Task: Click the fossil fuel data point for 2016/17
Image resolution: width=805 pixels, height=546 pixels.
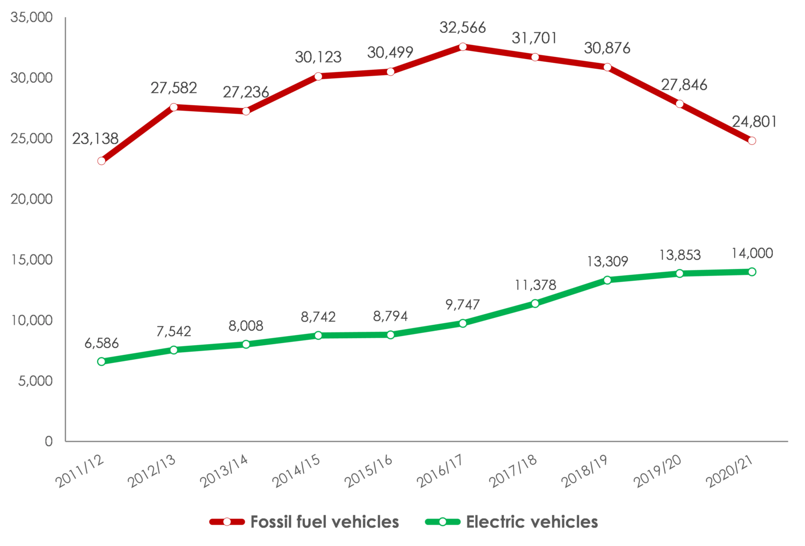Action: pyautogui.click(x=463, y=47)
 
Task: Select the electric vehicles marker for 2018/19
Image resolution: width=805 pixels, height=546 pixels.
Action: pyautogui.click(x=608, y=280)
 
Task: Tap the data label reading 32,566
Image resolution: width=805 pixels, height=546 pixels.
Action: pyautogui.click(x=463, y=27)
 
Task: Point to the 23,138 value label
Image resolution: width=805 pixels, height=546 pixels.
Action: pyautogui.click(x=96, y=139)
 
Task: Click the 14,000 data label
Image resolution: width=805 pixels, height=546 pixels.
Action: pyautogui.click(x=752, y=253)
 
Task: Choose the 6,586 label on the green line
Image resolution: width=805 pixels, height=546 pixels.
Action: pyautogui.click(x=101, y=343)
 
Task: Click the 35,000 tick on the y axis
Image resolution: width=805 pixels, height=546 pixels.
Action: pyautogui.click(x=32, y=18)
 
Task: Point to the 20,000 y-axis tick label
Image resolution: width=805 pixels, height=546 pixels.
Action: pyautogui.click(x=32, y=199)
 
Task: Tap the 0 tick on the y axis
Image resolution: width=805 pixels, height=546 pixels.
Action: pyautogui.click(x=49, y=441)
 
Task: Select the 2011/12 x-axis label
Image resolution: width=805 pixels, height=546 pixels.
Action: pyautogui.click(x=80, y=471)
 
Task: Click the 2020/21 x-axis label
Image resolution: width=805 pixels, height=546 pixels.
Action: pyautogui.click(x=730, y=471)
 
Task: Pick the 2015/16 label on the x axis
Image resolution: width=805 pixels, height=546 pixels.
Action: pyautogui.click(x=369, y=471)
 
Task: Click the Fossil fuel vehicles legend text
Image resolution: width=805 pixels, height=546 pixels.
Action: pyautogui.click(x=325, y=522)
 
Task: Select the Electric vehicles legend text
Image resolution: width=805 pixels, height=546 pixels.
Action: pyautogui.click(x=532, y=522)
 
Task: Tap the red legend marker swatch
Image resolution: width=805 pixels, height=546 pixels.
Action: pyautogui.click(x=227, y=522)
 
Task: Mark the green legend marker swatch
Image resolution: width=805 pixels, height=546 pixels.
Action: pyautogui.click(x=443, y=522)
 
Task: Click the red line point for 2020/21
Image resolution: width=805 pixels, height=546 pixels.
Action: pyautogui.click(x=752, y=141)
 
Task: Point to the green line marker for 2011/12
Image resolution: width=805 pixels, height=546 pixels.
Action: pyautogui.click(x=101, y=361)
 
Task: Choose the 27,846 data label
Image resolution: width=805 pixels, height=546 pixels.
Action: pyautogui.click(x=684, y=85)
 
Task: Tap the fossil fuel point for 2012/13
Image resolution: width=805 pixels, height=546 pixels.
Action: pyautogui.click(x=174, y=107)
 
